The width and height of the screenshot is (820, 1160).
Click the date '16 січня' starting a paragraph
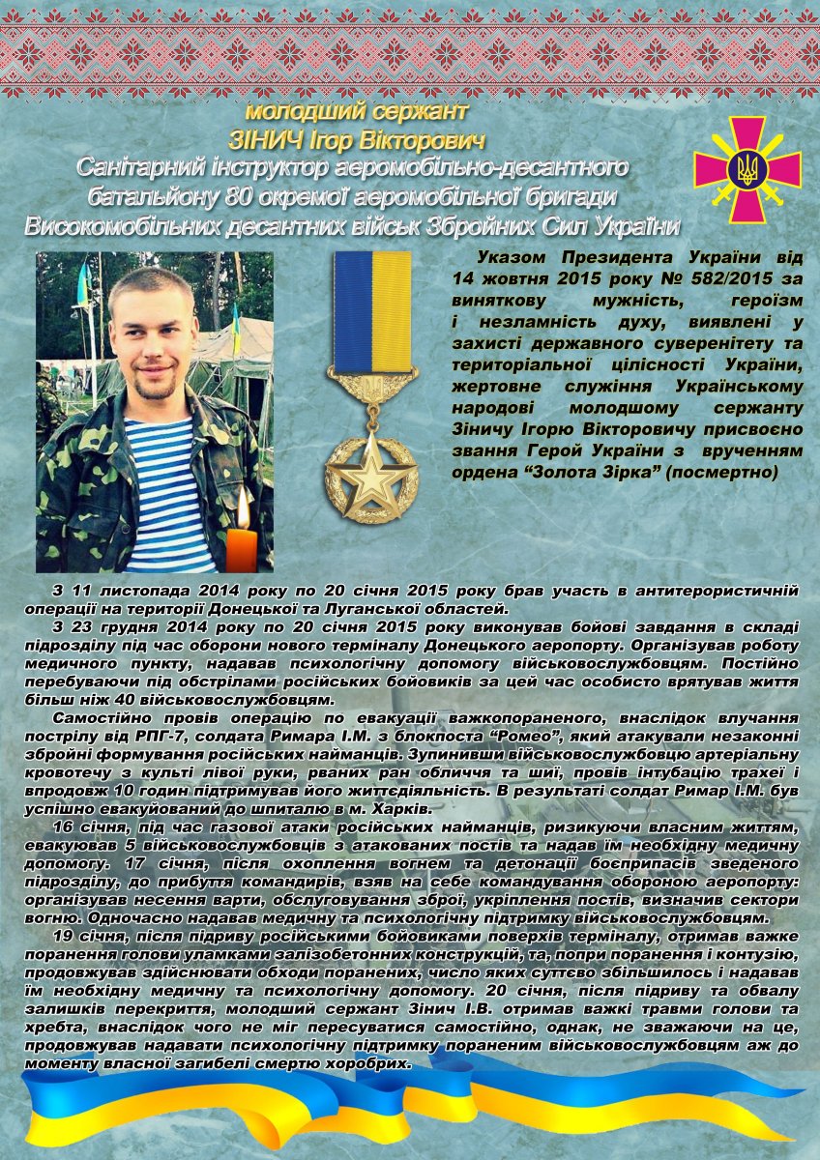(x=85, y=828)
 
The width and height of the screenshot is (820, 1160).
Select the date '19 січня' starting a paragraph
(x=86, y=936)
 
